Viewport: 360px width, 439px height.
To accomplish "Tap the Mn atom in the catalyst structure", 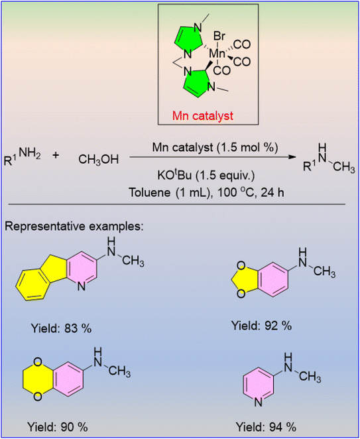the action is point(217,54).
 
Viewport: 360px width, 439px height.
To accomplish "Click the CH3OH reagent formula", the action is point(99,160).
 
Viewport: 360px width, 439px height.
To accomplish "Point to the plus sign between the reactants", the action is point(56,156).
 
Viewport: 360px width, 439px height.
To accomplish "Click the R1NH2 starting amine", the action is point(23,158).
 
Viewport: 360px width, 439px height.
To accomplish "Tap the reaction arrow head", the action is point(292,157).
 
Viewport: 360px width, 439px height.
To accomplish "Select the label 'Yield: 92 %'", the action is point(262,326).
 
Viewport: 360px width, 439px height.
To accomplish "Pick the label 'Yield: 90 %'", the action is point(57,428).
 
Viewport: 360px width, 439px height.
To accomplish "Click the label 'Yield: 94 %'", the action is point(267,428).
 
